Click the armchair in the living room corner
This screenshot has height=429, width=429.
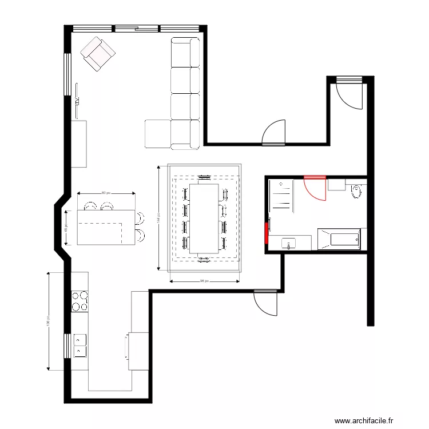(x=98, y=53)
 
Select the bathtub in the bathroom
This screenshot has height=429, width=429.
(x=339, y=239)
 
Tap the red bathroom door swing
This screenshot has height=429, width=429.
(x=316, y=188)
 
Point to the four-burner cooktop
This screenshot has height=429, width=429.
(x=80, y=301)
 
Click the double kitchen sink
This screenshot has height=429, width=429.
(x=80, y=345)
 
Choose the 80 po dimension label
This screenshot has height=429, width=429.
(x=106, y=193)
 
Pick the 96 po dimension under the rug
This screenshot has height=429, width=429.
(x=204, y=281)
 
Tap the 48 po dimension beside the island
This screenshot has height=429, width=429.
(x=65, y=227)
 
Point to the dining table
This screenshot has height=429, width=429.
(x=204, y=218)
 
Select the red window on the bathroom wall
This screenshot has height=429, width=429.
(x=267, y=233)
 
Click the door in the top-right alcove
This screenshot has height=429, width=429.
(x=349, y=94)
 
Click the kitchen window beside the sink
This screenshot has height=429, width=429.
(x=67, y=345)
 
